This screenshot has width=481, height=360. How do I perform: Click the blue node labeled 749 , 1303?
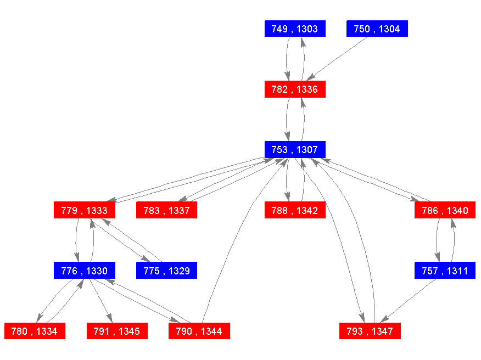tap(295, 29)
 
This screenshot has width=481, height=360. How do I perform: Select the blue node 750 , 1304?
tap(377, 29)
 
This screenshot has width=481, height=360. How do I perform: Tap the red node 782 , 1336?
tap(295, 89)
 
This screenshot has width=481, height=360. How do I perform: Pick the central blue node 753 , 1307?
tap(295, 150)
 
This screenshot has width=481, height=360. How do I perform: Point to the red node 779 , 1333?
tap(85, 210)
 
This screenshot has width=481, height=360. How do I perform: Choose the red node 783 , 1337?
tap(166, 210)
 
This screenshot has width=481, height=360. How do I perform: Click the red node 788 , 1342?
tap(295, 210)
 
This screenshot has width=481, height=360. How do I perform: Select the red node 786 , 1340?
tap(445, 210)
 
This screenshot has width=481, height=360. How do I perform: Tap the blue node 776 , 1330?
tap(85, 271)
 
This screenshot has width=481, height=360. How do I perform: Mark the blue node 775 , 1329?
tap(166, 271)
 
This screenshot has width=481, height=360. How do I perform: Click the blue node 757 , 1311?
tap(445, 271)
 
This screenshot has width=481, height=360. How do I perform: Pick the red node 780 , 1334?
tap(35, 331)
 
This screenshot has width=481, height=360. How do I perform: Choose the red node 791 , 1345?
tap(117, 331)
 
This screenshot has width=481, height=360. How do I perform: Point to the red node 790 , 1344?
tap(199, 331)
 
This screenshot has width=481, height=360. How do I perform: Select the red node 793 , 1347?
tap(370, 331)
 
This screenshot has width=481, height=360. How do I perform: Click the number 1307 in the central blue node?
tap(307, 150)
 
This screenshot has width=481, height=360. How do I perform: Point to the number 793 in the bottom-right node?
tap(355, 331)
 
